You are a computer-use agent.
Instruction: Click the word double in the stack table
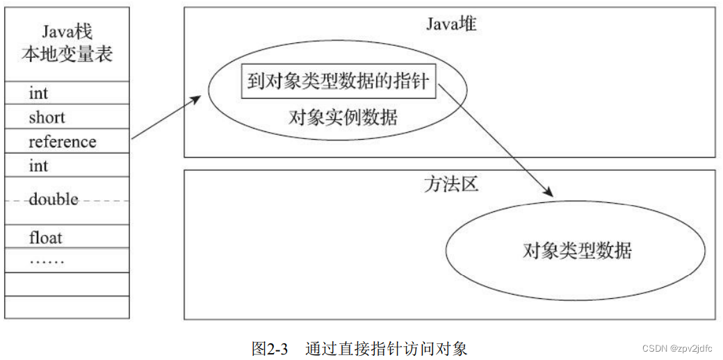[54, 199]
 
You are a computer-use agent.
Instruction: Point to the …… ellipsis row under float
[47, 261]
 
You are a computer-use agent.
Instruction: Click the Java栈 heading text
[67, 32]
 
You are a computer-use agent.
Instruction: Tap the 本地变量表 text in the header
[67, 54]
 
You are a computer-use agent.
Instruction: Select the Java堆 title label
[450, 24]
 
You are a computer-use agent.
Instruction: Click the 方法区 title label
[450, 185]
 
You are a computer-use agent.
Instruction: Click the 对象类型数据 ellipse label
[577, 250]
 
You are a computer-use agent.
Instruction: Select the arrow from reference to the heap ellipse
[166, 118]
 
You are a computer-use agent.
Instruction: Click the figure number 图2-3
[269, 348]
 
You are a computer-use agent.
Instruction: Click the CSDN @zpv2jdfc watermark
[678, 348]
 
